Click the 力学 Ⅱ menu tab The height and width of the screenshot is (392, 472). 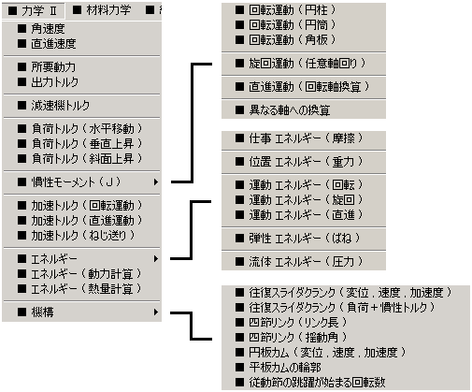click(33, 11)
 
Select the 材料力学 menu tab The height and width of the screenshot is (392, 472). click(102, 10)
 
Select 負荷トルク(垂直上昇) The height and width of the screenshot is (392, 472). click(79, 143)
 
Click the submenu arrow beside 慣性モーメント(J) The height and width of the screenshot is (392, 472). click(156, 181)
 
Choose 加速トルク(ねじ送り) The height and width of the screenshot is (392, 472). click(76, 236)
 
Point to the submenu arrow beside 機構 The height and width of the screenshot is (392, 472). click(156, 312)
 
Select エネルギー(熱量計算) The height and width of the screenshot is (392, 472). click(79, 289)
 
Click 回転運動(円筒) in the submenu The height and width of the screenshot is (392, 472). click(286, 25)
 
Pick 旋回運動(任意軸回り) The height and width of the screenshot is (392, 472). click(301, 64)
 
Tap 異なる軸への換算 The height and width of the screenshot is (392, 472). click(283, 110)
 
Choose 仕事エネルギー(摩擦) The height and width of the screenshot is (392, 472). click(299, 138)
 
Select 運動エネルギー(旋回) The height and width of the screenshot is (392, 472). click(299, 200)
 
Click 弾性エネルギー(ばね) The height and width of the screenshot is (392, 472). click(298, 239)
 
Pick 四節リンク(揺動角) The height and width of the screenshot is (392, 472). click(292, 337)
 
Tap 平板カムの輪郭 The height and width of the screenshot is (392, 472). click(279, 368)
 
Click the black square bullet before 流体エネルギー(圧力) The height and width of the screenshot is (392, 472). click(239, 261)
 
